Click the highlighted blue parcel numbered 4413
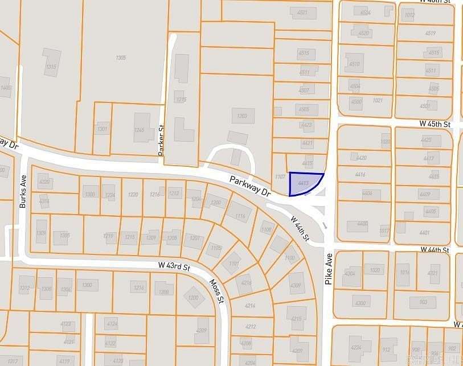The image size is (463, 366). point(304,183)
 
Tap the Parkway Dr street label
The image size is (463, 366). point(250,186)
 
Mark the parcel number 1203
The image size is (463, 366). point(242,116)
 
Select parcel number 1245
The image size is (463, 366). point(140,130)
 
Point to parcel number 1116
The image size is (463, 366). point(240,216)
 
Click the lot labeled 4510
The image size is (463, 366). point(354,64)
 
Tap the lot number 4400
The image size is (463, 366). point(362,224)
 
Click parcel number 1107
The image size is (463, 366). point(280,177)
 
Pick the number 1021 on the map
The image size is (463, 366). point(377,101)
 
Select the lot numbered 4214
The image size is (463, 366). point(250,306)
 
